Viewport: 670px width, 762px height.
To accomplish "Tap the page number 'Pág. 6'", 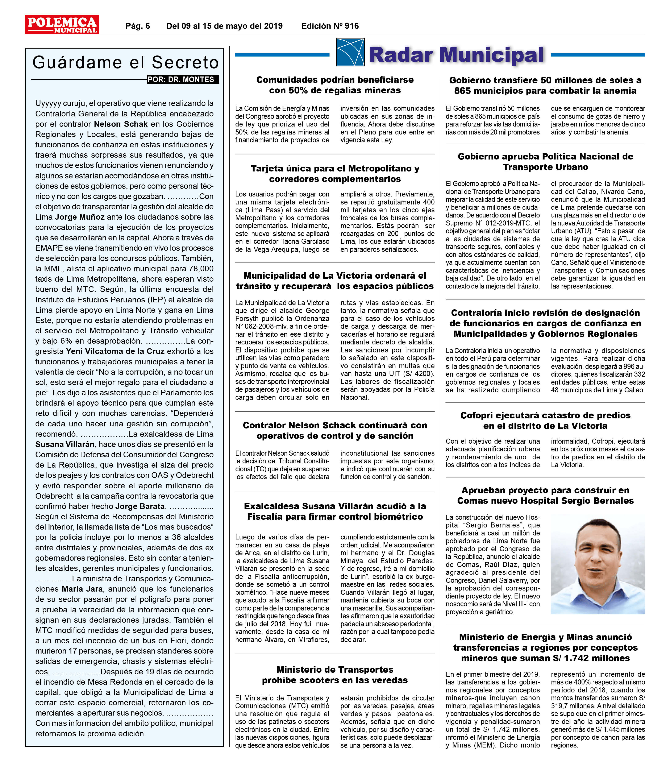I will (x=137, y=26).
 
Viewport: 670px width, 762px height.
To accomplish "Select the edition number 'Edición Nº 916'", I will (x=330, y=26).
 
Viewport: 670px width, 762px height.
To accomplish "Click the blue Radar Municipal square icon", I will (x=350, y=52).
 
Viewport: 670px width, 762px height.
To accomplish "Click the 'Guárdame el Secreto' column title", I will (x=126, y=62).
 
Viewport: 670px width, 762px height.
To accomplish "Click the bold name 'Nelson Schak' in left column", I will (x=121, y=124).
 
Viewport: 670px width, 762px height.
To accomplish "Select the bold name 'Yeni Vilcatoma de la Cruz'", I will (x=115, y=351).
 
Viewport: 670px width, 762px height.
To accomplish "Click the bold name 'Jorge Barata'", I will (x=140, y=506).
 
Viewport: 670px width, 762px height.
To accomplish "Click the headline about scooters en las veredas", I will (x=335, y=675).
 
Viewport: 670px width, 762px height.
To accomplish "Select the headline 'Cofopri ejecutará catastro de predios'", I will (x=545, y=421).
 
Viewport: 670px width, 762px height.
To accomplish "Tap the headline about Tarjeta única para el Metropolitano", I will (x=335, y=174).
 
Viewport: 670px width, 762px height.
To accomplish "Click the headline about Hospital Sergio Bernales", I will (x=545, y=496).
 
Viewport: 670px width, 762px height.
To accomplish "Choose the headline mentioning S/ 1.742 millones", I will (x=545, y=647).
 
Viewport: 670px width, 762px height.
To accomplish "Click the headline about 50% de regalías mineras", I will (x=335, y=85).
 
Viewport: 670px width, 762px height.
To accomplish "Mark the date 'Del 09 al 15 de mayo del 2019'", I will (x=224, y=26).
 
